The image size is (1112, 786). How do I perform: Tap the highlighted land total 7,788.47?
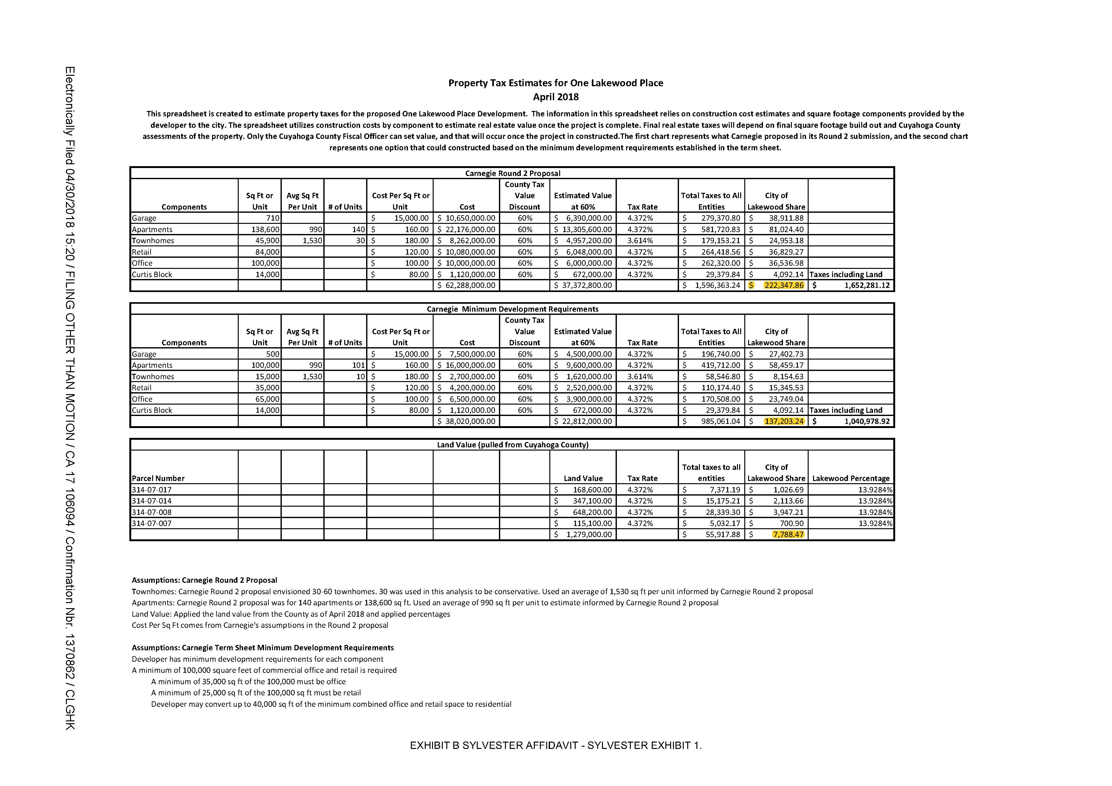pyautogui.click(x=788, y=535)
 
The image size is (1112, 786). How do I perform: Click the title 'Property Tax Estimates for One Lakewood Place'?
pyautogui.click(x=555, y=83)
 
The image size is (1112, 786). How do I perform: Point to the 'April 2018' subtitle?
pyautogui.click(x=555, y=97)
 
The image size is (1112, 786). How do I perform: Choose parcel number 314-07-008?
pyautogui.click(x=152, y=512)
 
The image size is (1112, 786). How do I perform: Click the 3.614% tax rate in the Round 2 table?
pyautogui.click(x=640, y=241)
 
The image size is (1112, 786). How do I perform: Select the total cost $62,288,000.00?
pyautogui.click(x=466, y=285)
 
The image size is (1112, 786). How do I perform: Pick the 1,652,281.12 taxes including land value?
pyautogui.click(x=866, y=285)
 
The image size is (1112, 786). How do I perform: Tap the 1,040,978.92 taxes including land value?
pyautogui.click(x=866, y=421)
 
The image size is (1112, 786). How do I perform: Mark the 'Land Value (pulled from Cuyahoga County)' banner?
pyautogui.click(x=512, y=445)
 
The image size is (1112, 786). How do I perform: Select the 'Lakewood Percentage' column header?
pyautogui.click(x=851, y=478)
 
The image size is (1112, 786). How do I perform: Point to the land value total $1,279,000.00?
pyautogui.click(x=588, y=535)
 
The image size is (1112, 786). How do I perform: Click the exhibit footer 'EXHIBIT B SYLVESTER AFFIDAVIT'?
pyautogui.click(x=555, y=745)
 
